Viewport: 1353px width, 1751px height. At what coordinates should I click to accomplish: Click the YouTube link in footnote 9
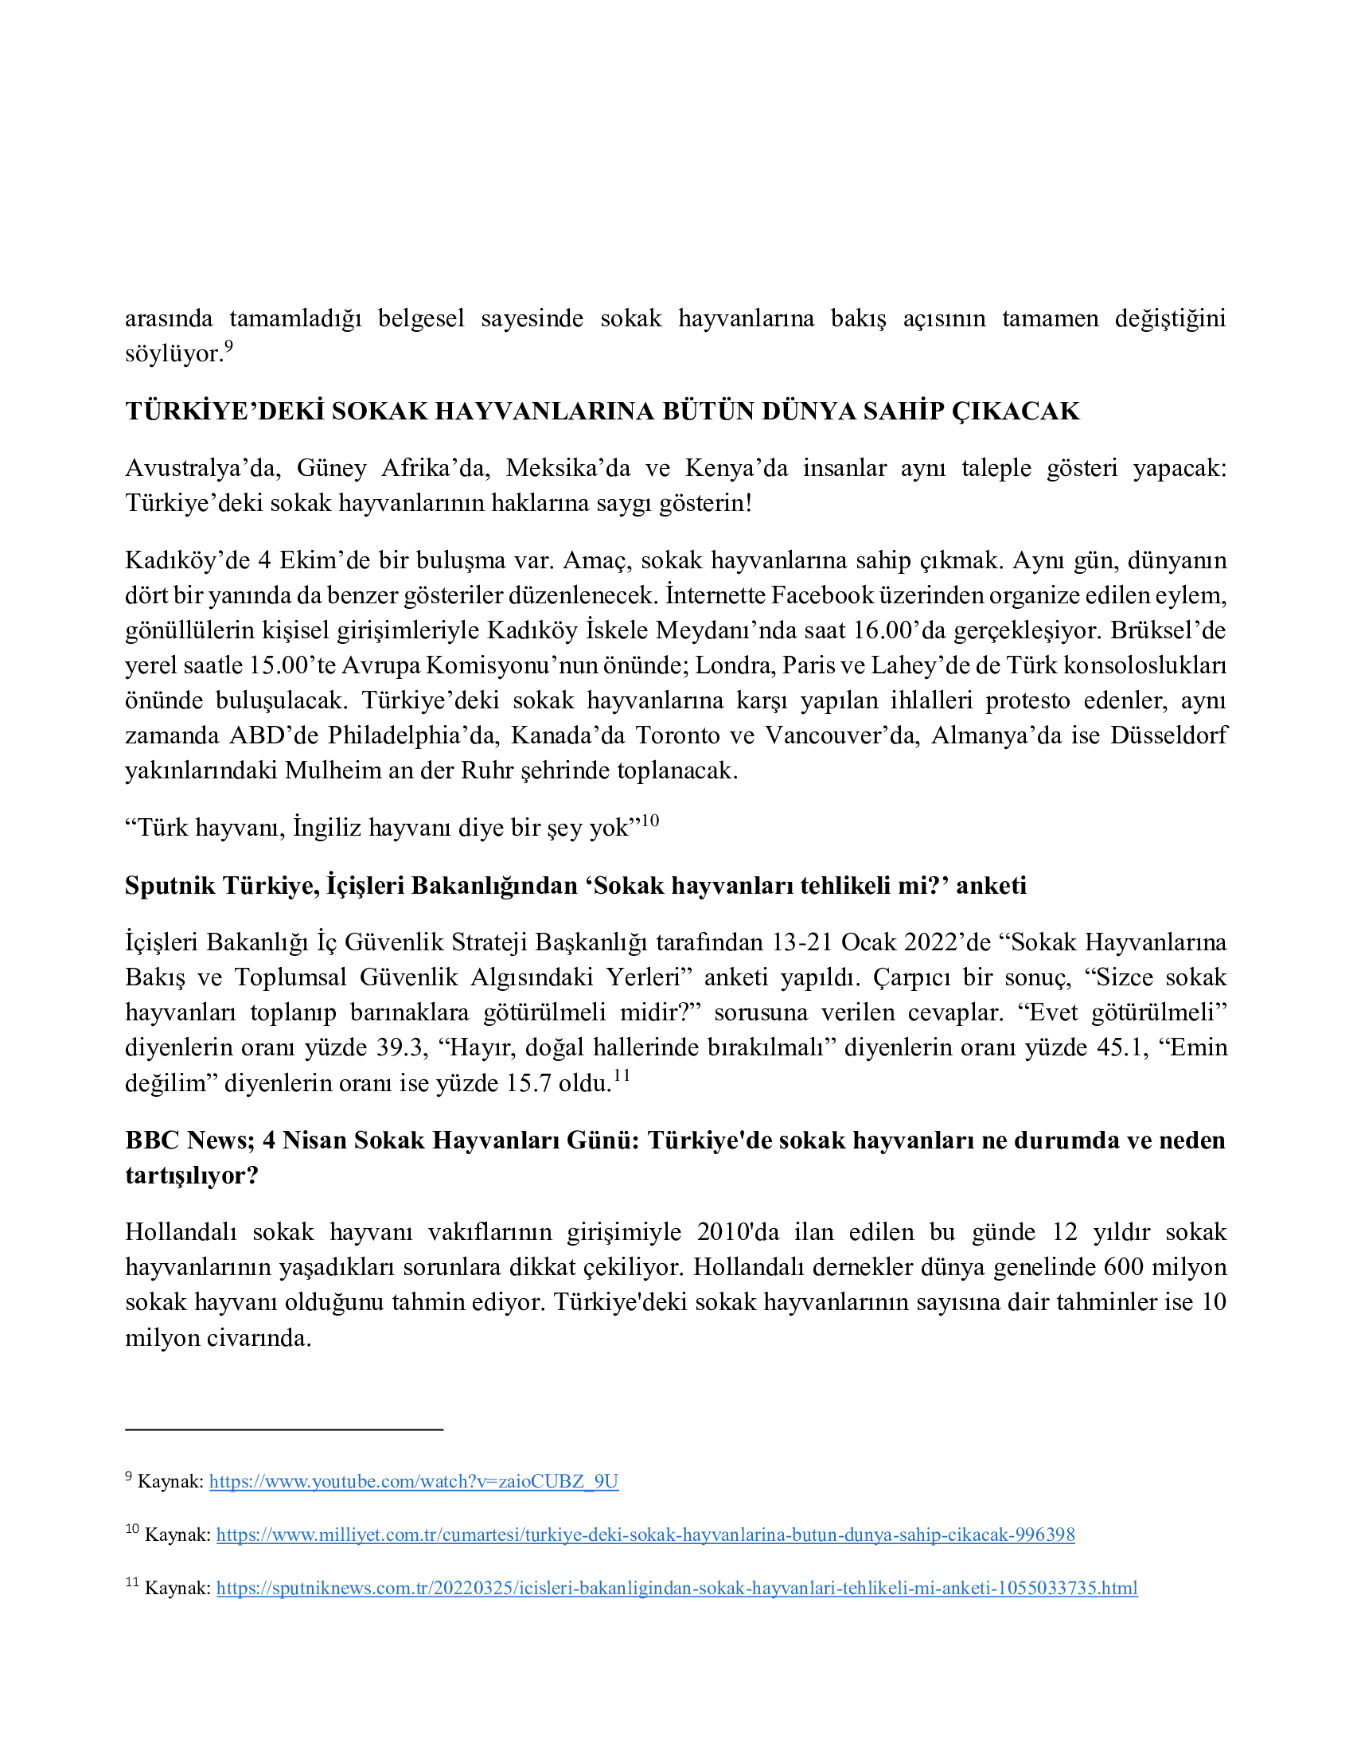[414, 1481]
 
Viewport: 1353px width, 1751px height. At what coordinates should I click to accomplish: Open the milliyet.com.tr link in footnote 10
[645, 1535]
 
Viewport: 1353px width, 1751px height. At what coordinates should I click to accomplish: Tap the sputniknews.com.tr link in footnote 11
[676, 1588]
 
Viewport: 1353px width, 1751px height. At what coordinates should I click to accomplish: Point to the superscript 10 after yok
[649, 820]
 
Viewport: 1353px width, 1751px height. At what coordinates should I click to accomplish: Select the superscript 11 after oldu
[622, 1076]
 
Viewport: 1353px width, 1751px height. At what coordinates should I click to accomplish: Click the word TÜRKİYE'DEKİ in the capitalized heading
[224, 411]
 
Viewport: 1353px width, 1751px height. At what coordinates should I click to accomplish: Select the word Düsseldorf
[1168, 735]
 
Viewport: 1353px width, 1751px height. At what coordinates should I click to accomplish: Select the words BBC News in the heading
[187, 1140]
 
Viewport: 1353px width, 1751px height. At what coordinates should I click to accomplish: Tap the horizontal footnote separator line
[284, 1429]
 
